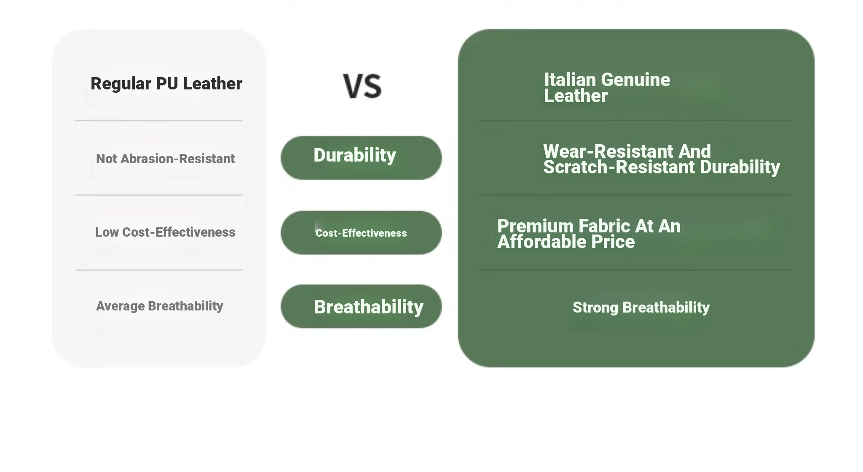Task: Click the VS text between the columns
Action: coord(362,86)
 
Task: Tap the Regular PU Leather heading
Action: coord(166,84)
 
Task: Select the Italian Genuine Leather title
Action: coord(607,88)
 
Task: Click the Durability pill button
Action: coord(361,158)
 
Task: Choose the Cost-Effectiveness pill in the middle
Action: coord(361,233)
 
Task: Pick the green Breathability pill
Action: coord(361,306)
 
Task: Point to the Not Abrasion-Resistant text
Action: coord(165,159)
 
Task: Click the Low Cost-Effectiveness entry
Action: coord(165,232)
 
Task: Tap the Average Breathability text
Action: coord(160,306)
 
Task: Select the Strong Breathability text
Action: coord(641,307)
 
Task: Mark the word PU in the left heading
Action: coord(166,84)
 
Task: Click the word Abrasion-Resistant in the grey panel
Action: coord(178,159)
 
